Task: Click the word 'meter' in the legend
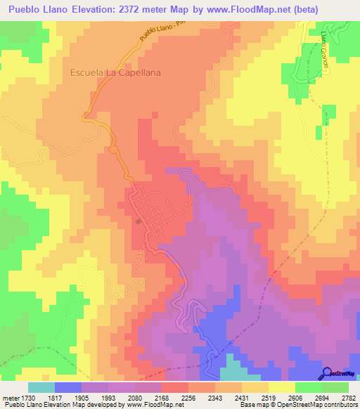(10, 398)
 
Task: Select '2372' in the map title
(140, 10)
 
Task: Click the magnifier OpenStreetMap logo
(328, 372)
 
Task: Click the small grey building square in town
(139, 221)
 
